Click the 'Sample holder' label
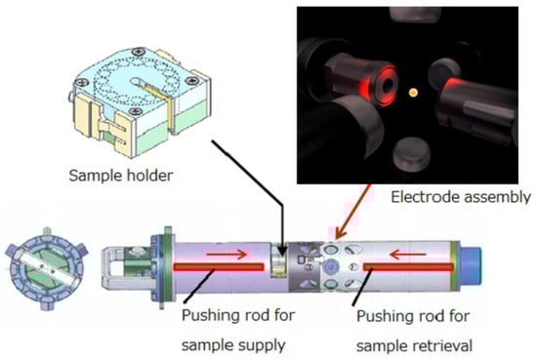pyautogui.click(x=121, y=176)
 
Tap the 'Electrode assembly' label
pyautogui.click(x=461, y=197)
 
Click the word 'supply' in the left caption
pyautogui.click(x=260, y=345)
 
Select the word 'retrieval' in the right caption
pyautogui.click(x=443, y=345)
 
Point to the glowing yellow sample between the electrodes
pyautogui.click(x=413, y=92)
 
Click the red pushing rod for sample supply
pyautogui.click(x=219, y=267)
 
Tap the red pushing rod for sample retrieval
pyautogui.click(x=408, y=267)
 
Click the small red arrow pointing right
pyautogui.click(x=227, y=254)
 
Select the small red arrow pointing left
pyautogui.click(x=408, y=255)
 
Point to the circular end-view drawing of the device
pyautogui.click(x=46, y=268)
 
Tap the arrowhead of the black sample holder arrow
pyautogui.click(x=282, y=253)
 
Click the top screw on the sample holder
pyautogui.click(x=139, y=52)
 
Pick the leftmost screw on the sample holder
pyautogui.click(x=82, y=83)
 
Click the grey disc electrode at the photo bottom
pyautogui.click(x=411, y=155)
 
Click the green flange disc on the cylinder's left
pyautogui.click(x=168, y=267)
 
